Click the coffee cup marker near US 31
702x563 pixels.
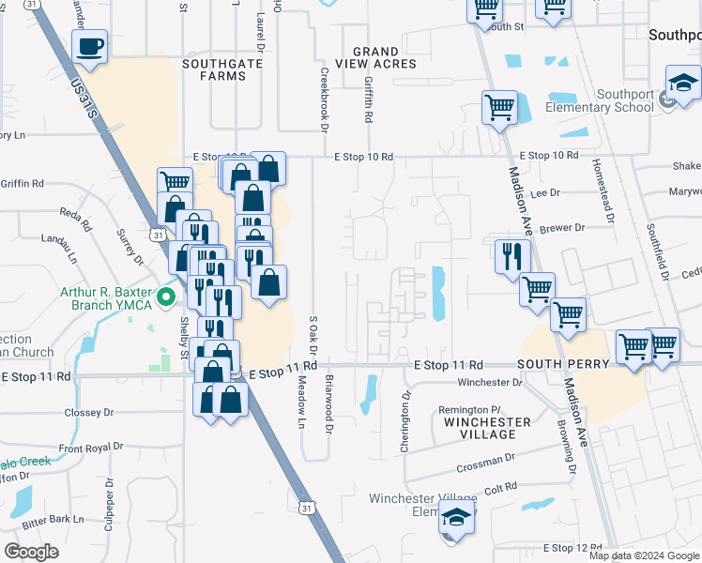pos(89,47)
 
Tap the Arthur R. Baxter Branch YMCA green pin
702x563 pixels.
pos(167,299)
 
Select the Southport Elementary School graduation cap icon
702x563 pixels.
pos(683,85)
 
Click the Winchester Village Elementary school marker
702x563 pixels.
pos(456,520)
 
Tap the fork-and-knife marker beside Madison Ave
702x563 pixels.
pos(512,256)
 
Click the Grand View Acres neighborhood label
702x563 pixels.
pos(383,57)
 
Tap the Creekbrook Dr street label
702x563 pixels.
pos(324,99)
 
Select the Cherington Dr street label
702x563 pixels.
pos(406,422)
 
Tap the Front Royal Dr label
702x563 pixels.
pos(92,449)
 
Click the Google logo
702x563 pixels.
pos(32,551)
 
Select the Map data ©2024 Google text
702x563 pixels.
pos(645,555)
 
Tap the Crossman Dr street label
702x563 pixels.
pos(482,466)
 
